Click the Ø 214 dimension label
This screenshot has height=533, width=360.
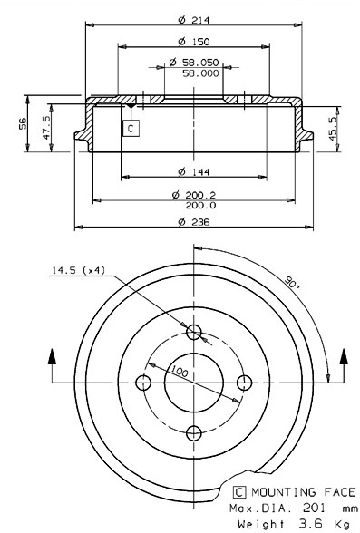point(190,18)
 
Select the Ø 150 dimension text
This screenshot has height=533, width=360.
point(189,41)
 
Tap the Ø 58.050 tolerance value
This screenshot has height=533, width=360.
point(194,63)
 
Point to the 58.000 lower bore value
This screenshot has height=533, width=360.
point(200,73)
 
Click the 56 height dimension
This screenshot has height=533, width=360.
point(23,122)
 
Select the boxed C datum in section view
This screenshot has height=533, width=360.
point(131,128)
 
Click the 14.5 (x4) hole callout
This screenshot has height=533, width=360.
point(78,269)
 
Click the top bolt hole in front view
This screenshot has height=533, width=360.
point(191,333)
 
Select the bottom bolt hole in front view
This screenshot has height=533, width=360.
point(191,431)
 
